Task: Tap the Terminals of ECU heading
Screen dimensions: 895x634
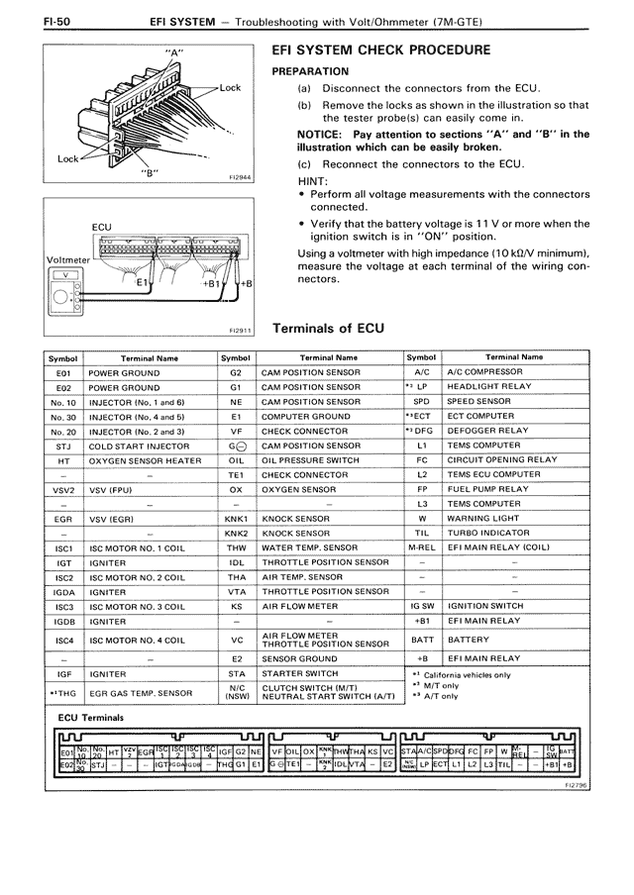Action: point(328,328)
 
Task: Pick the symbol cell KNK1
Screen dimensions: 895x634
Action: point(236,518)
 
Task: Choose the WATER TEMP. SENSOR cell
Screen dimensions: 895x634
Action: point(309,547)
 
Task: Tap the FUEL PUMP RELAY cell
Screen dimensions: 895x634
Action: point(480,489)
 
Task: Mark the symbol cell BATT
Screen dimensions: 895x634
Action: point(422,640)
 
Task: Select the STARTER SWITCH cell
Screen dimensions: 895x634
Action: point(298,673)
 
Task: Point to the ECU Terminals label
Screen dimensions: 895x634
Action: point(91,717)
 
